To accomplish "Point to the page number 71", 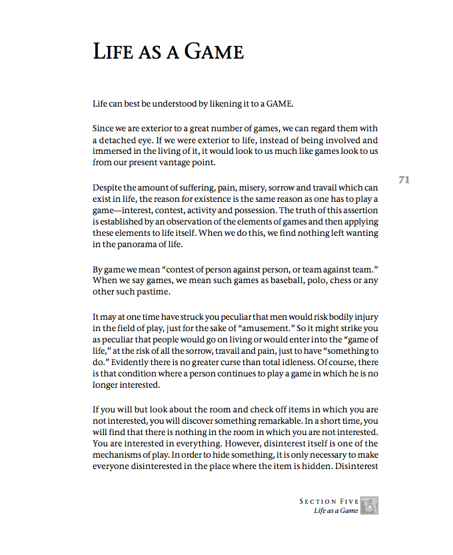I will click(404, 179).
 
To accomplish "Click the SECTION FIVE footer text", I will click(328, 501).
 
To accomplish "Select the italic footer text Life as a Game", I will click(336, 511).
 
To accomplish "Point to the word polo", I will click(290, 281).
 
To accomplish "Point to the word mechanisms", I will click(118, 454).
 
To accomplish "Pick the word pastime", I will click(153, 292).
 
